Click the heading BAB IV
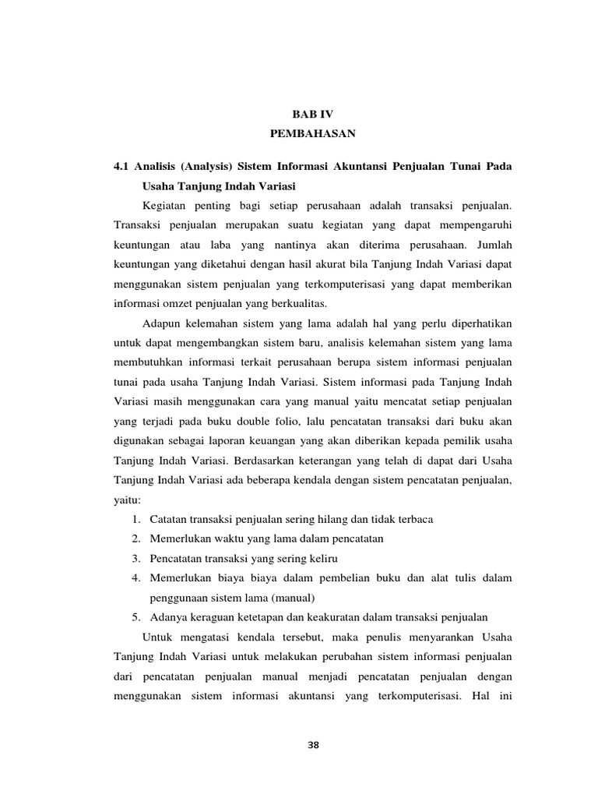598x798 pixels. click(312, 114)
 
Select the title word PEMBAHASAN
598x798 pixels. click(312, 134)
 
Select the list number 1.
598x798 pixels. click(135, 519)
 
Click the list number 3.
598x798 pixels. click(135, 559)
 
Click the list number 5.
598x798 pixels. click(135, 618)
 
